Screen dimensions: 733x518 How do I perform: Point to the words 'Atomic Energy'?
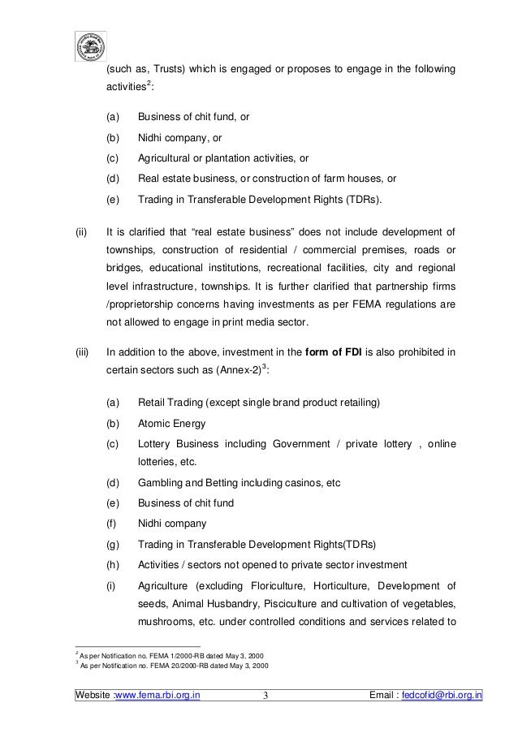pos(172,424)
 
